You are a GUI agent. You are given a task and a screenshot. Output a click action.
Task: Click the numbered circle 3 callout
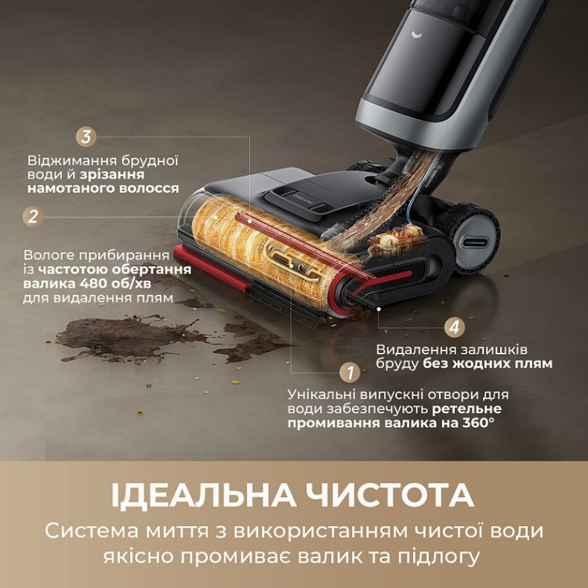[87, 136]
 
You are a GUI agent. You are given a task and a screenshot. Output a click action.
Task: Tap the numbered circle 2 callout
[32, 216]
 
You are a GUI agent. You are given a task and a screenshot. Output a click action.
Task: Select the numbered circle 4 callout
[454, 327]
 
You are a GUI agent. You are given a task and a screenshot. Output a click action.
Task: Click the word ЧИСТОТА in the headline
[394, 495]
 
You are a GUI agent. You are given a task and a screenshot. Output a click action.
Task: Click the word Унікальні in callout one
[318, 393]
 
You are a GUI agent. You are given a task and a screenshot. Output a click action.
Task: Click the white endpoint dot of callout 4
[379, 309]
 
